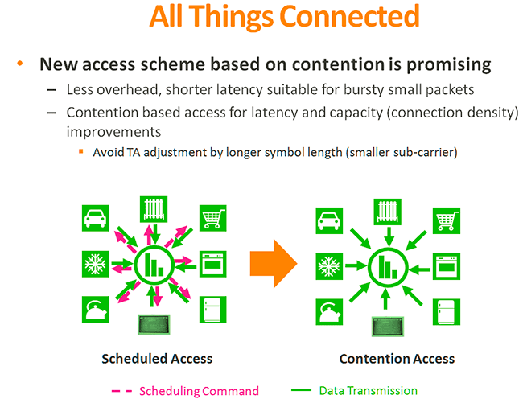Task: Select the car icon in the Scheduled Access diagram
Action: click(x=96, y=218)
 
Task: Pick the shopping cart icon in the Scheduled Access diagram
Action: click(x=212, y=217)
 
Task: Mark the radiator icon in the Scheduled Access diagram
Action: click(x=154, y=208)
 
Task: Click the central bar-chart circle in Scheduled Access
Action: click(x=154, y=264)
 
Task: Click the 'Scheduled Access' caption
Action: click(x=157, y=359)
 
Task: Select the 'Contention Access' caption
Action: click(x=397, y=359)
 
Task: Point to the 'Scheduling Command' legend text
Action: click(x=200, y=391)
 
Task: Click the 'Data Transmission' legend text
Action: click(x=368, y=390)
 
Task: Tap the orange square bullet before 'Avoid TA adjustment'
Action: click(x=81, y=150)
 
